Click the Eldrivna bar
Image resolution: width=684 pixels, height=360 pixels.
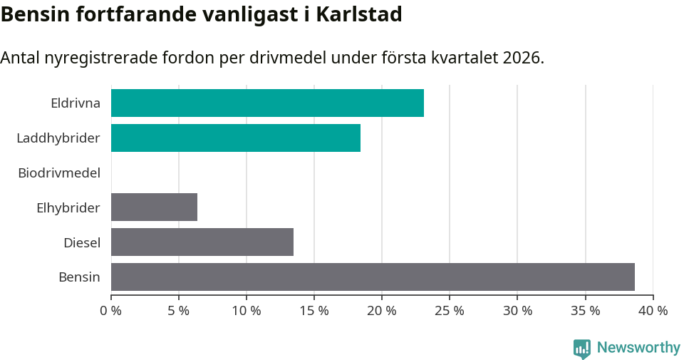tap(267, 103)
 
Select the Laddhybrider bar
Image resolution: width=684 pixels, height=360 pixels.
tap(236, 138)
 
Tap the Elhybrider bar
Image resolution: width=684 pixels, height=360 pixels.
tap(154, 207)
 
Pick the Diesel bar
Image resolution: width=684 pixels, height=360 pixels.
tap(202, 242)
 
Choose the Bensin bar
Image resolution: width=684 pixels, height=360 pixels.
tap(373, 277)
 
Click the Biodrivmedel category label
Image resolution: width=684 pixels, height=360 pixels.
tap(59, 173)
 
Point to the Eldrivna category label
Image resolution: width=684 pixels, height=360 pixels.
tap(76, 103)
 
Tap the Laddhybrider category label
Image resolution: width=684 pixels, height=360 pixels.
tap(58, 138)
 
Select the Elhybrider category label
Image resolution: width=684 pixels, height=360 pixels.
tap(68, 208)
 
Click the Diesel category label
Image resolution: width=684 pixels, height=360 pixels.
tap(82, 243)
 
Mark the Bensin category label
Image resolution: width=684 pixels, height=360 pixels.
tap(79, 277)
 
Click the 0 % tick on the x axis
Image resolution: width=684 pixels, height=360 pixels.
tap(111, 311)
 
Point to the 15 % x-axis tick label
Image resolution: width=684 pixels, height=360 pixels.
tap(314, 311)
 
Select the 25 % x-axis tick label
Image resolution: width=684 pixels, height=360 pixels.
tap(450, 311)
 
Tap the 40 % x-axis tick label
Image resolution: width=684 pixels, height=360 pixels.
tap(653, 311)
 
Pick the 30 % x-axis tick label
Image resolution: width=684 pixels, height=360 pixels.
tap(517, 311)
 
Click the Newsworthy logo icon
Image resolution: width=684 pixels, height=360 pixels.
tap(582, 349)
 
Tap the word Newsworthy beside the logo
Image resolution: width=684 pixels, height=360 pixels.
tap(638, 348)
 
